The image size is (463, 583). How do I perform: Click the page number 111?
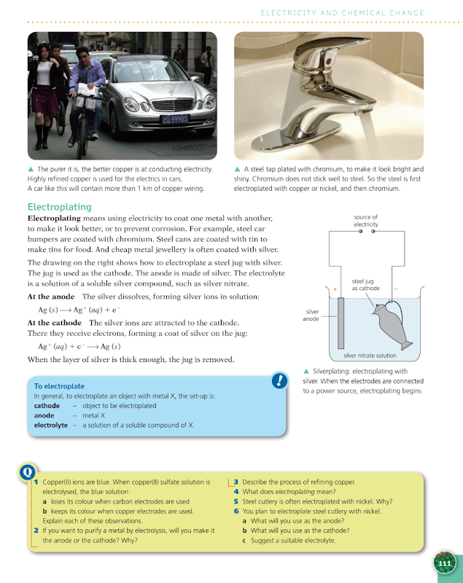[445, 563]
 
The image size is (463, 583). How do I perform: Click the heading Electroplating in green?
[59, 207]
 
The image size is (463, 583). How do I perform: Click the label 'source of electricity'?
[365, 221]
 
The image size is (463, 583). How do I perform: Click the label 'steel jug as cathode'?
[365, 284]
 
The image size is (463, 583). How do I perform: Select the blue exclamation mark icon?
[279, 380]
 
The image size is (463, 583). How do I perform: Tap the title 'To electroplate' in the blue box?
[59, 386]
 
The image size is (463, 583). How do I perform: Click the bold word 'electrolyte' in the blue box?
[50, 425]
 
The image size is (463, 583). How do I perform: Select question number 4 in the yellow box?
[236, 492]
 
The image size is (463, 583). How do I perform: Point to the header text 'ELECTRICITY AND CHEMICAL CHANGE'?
[342, 12]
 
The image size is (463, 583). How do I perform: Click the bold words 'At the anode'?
[52, 297]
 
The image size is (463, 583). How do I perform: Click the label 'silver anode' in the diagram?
[312, 315]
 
